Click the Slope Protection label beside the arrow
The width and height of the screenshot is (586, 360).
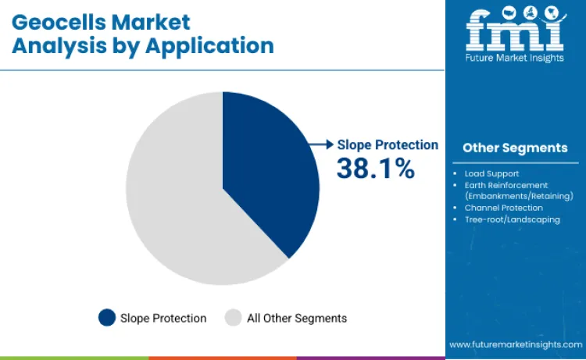[388, 144]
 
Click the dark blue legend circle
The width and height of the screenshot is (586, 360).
[107, 318]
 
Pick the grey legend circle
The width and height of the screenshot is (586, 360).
[233, 318]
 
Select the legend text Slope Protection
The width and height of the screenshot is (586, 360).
[163, 318]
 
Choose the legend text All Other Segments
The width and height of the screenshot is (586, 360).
[297, 318]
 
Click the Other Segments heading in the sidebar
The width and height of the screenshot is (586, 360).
[515, 148]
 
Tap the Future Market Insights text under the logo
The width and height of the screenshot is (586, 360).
[514, 58]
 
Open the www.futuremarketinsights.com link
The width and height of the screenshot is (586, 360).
[515, 344]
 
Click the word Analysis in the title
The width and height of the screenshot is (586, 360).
[52, 45]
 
